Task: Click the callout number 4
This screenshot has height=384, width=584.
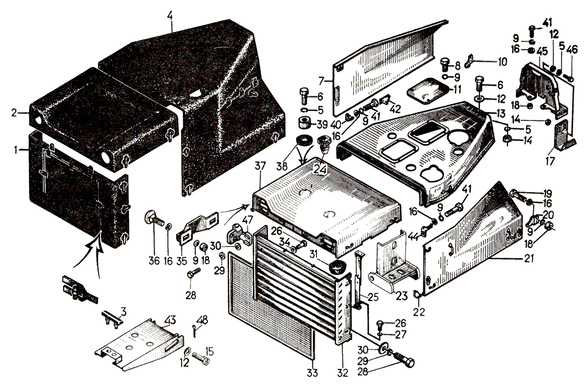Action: (x=170, y=11)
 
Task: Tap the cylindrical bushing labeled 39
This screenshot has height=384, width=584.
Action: (x=303, y=124)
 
